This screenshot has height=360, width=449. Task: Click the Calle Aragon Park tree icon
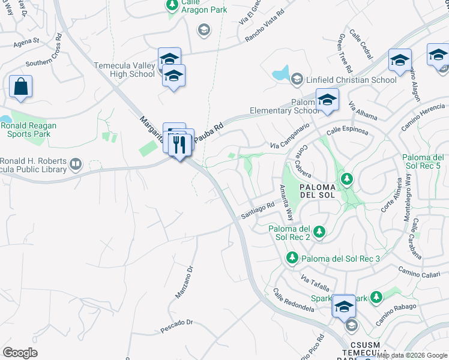pos(172,5)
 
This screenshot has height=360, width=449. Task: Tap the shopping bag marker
pos(20,86)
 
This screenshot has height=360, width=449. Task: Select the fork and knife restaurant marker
pos(179,145)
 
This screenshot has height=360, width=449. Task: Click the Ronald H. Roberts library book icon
pos(76,163)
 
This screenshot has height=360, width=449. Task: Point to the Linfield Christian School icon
pos(297,79)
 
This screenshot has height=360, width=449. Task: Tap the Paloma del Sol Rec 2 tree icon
pos(319,231)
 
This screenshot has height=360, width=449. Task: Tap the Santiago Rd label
pos(258,209)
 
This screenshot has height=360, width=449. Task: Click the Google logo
pos(20,352)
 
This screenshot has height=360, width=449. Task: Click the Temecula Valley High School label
pos(124,70)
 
